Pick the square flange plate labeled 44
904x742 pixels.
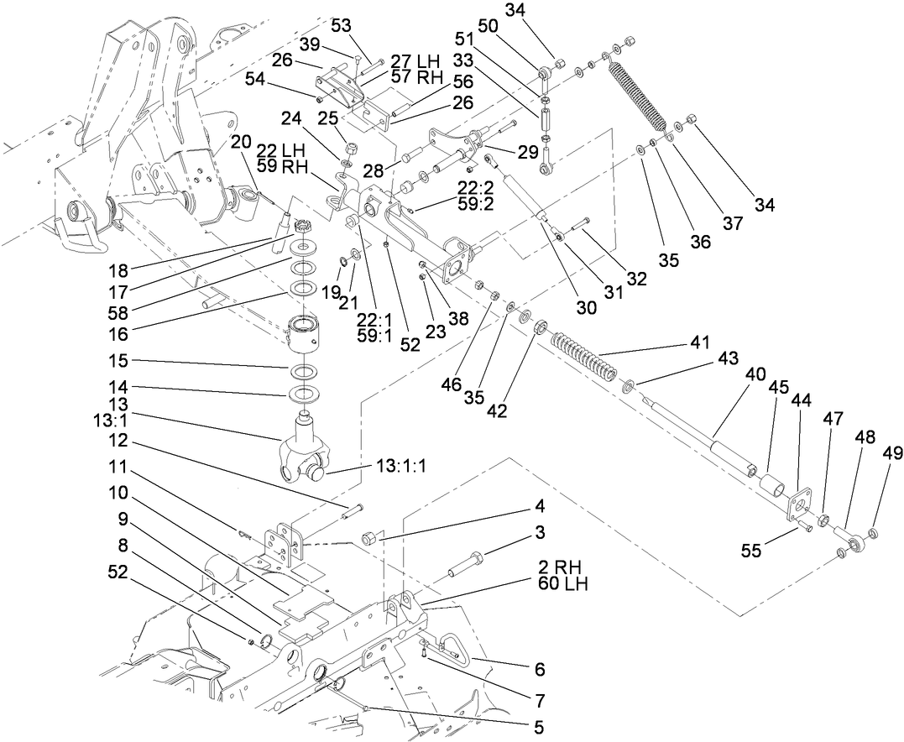(798, 506)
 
